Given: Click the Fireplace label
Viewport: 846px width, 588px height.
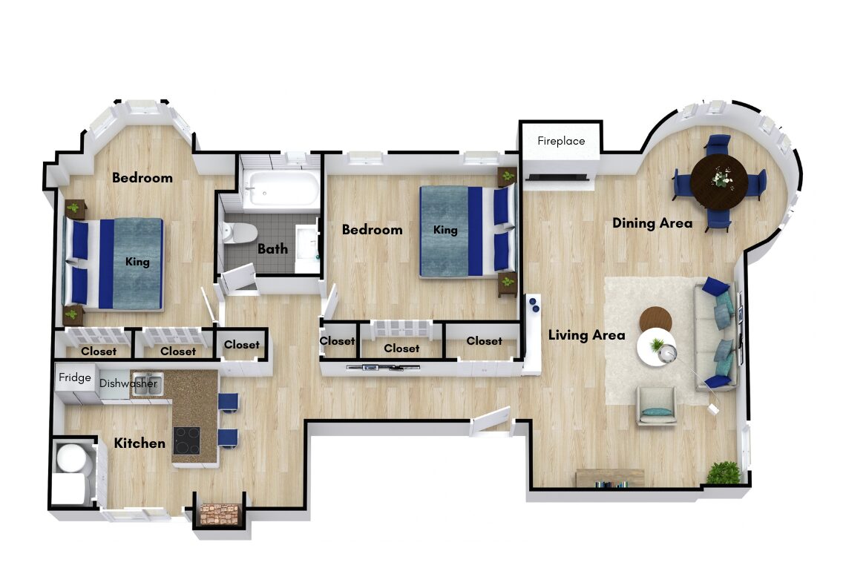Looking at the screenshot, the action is [x=561, y=141].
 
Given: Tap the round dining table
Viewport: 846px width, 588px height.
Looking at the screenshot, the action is [x=719, y=181].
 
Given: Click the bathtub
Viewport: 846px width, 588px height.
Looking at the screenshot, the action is [x=281, y=190].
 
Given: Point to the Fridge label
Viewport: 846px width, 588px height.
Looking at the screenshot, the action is [x=74, y=377].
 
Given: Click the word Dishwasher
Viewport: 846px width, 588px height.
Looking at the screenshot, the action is [x=128, y=384].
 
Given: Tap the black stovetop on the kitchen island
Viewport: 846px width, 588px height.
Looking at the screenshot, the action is [x=187, y=440].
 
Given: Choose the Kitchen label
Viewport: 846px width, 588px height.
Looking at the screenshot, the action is [x=140, y=443].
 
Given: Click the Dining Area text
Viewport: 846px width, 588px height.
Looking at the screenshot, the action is [x=652, y=222].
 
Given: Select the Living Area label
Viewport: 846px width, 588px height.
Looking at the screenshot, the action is [x=586, y=335].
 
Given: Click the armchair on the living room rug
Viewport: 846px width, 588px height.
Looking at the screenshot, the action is [x=656, y=406].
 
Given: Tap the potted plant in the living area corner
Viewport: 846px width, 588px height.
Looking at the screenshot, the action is [x=724, y=473].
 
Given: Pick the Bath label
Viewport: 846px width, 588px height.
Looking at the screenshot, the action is [x=272, y=248].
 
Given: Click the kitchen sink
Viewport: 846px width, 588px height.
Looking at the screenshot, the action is [x=147, y=382].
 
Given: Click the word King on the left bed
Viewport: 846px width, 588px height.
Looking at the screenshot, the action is [x=137, y=262].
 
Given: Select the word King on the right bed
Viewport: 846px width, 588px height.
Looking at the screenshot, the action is [x=445, y=230].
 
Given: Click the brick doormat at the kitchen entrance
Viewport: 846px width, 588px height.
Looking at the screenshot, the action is [x=220, y=514].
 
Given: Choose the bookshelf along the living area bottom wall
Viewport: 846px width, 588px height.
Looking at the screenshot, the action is [x=610, y=478].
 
